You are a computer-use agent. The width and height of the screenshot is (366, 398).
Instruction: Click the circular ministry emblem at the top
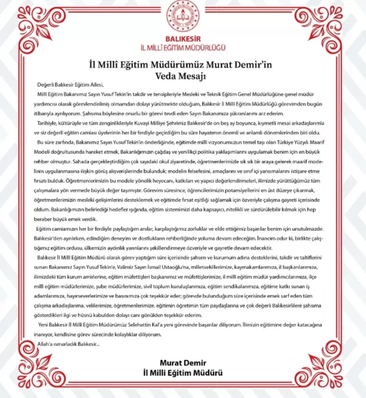[183, 16]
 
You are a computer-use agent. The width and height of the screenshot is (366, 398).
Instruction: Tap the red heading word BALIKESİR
[183, 39]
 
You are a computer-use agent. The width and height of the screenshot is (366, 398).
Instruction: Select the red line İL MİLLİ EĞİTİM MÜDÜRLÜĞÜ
[183, 47]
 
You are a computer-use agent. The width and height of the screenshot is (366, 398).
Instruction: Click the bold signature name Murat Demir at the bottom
[183, 363]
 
